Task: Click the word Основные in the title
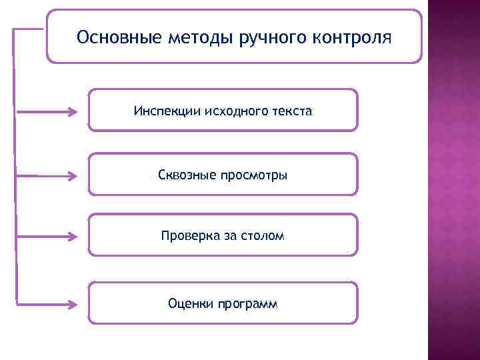(109, 36)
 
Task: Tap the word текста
(291, 110)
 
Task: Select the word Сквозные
(187, 175)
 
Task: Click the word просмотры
(254, 175)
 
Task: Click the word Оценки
(191, 304)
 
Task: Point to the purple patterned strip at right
(453, 180)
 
